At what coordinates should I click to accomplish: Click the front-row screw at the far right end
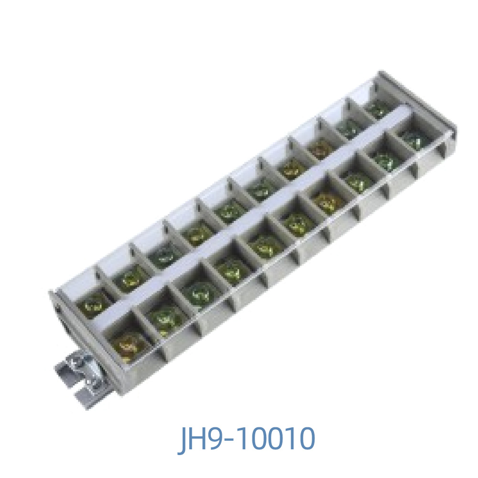pyautogui.click(x=413, y=139)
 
